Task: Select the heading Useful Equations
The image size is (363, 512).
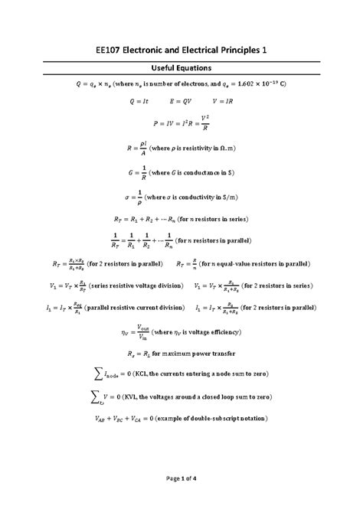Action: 181,69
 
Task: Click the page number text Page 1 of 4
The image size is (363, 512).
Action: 181,500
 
